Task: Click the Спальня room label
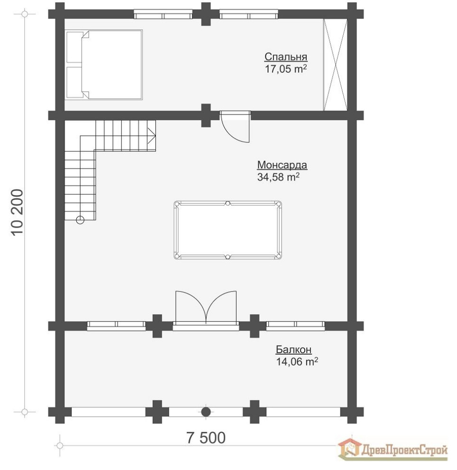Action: pyautogui.click(x=286, y=57)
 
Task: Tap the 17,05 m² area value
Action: pyautogui.click(x=286, y=69)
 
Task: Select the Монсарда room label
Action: pyautogui.click(x=282, y=165)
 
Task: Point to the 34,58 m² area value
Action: pyautogui.click(x=278, y=177)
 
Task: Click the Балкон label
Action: pyautogui.click(x=293, y=350)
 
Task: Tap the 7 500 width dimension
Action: pyautogui.click(x=199, y=437)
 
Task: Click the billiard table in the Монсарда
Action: pyautogui.click(x=228, y=230)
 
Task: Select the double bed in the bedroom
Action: pyautogui.click(x=104, y=65)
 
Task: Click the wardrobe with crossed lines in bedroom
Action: pyautogui.click(x=335, y=65)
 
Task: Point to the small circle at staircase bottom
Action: pyautogui.click(x=80, y=219)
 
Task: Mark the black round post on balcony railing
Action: pyautogui.click(x=206, y=412)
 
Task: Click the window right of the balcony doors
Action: pyautogui.click(x=295, y=325)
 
